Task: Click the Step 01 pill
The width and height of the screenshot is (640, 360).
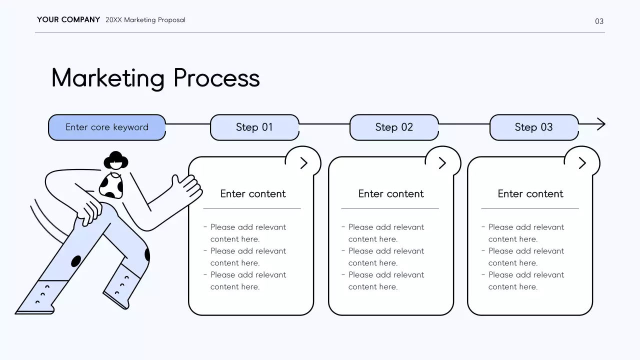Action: tap(254, 127)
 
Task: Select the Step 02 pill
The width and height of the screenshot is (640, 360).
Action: tap(394, 127)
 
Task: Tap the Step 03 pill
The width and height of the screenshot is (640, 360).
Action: tap(533, 127)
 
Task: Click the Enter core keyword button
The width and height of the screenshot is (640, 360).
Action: tap(107, 127)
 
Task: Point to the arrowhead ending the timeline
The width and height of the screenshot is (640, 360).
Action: tap(600, 124)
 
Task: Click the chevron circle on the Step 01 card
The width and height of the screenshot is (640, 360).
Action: tap(303, 163)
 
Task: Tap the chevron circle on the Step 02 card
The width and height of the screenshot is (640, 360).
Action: tap(442, 163)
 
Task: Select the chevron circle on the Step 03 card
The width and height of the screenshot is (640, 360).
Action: tap(581, 163)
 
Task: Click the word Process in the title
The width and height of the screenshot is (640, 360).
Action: tap(216, 78)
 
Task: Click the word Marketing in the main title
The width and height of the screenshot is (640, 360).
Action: tap(108, 78)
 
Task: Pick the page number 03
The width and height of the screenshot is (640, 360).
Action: tap(599, 21)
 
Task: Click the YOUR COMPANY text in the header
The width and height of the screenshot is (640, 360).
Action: tap(68, 20)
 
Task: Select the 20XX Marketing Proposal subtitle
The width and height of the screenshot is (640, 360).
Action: tap(145, 20)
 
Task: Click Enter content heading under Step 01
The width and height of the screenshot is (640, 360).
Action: tap(253, 194)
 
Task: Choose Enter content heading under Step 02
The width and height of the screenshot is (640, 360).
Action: tap(391, 194)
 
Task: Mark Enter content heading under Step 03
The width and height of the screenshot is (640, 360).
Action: tap(530, 194)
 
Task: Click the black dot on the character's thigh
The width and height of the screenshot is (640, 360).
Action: tap(76, 261)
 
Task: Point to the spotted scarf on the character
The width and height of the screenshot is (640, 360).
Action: tap(111, 186)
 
